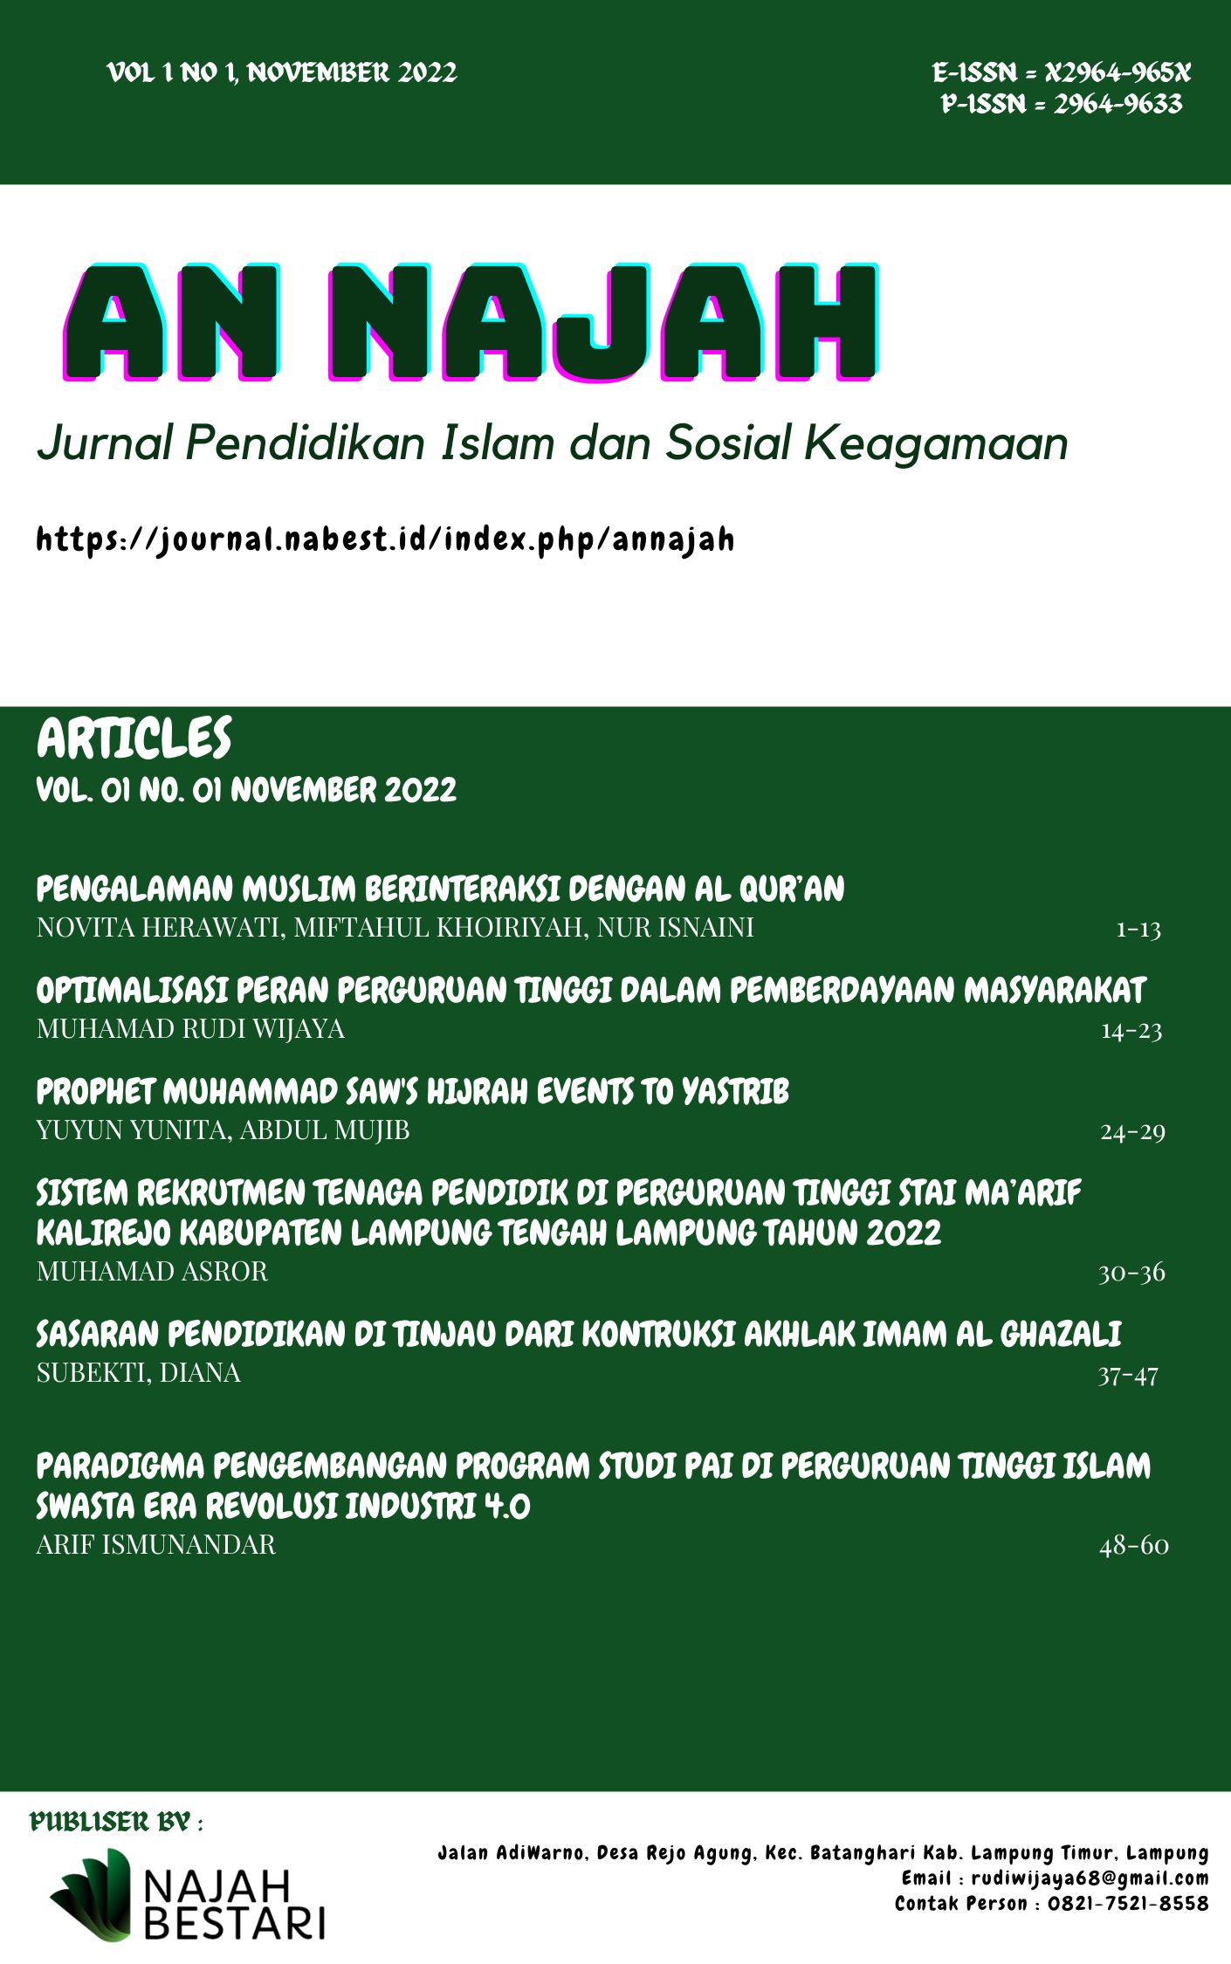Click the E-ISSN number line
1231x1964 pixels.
pyautogui.click(x=1061, y=72)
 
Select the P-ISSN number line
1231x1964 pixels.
pyautogui.click(x=1061, y=105)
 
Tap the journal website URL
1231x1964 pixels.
pyautogui.click(x=385, y=539)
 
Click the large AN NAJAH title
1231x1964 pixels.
pyautogui.click(x=471, y=323)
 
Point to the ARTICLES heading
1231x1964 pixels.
pyautogui.click(x=134, y=738)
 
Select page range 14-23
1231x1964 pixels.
pyautogui.click(x=1131, y=1031)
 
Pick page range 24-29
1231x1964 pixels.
pyautogui.click(x=1132, y=1132)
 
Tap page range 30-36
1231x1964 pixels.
pyautogui.click(x=1131, y=1273)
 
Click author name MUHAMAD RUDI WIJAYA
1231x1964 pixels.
pyautogui.click(x=190, y=1029)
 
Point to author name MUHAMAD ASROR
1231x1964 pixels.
pyautogui.click(x=152, y=1272)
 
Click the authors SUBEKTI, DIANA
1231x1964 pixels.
pyautogui.click(x=139, y=1373)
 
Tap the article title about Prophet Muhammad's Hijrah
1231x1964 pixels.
pyautogui.click(x=412, y=1092)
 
